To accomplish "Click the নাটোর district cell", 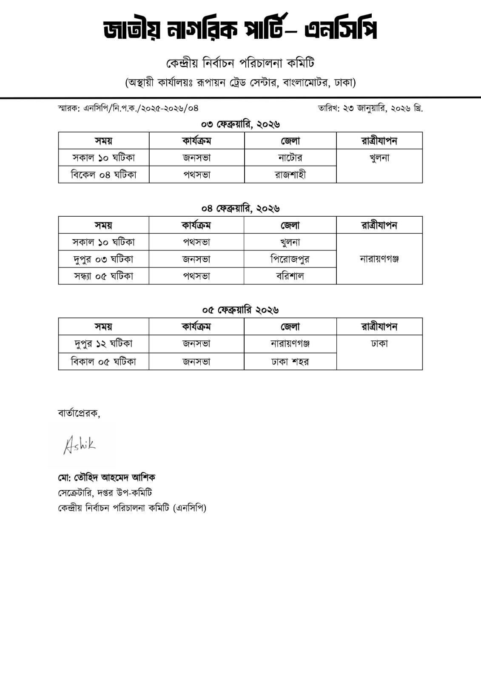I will click(x=290, y=158).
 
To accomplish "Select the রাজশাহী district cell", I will click(x=290, y=175).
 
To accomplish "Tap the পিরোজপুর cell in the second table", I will click(x=290, y=259).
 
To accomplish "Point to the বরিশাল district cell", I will click(x=290, y=276).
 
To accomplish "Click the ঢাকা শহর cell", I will click(x=290, y=362).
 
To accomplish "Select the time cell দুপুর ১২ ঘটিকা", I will click(x=103, y=343).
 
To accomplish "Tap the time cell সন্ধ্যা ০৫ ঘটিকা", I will click(x=103, y=276).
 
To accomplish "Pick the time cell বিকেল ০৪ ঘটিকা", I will click(x=103, y=175).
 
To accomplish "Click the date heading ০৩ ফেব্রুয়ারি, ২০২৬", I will click(x=240, y=124).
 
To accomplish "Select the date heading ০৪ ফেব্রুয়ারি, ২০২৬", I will click(x=240, y=209).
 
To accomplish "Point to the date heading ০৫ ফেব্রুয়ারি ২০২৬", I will click(x=240, y=310).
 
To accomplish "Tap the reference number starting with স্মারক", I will click(x=128, y=108).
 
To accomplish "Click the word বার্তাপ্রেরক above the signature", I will click(x=79, y=413).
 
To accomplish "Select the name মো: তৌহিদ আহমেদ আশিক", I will click(x=106, y=478).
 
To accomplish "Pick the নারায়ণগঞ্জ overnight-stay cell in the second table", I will click(x=379, y=259).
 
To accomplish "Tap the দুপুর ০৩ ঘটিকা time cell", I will click(x=103, y=259).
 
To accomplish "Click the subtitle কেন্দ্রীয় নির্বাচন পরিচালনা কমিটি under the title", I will click(x=240, y=63).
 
